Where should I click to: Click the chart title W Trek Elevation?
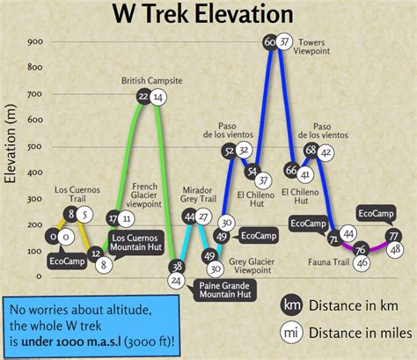click(203, 14)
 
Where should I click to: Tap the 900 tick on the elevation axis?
click(35, 41)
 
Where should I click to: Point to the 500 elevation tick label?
click(35, 146)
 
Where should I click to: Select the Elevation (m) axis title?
click(10, 143)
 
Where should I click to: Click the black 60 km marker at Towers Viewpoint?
click(270, 42)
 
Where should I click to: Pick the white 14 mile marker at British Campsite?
click(158, 97)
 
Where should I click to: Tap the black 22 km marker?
click(144, 96)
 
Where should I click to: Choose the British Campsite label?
click(152, 81)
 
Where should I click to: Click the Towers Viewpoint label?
click(311, 47)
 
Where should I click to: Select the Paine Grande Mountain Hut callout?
click(225, 290)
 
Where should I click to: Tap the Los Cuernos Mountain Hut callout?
click(136, 243)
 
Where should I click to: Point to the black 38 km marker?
click(177, 267)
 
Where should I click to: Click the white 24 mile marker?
click(176, 281)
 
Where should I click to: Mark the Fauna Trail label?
click(328, 262)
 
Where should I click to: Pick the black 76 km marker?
click(361, 250)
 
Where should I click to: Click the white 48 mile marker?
click(395, 250)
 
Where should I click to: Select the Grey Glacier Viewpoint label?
click(252, 266)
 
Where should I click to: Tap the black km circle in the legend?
click(291, 305)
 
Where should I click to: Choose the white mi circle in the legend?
click(291, 333)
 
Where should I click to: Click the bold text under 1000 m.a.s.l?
click(71, 342)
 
